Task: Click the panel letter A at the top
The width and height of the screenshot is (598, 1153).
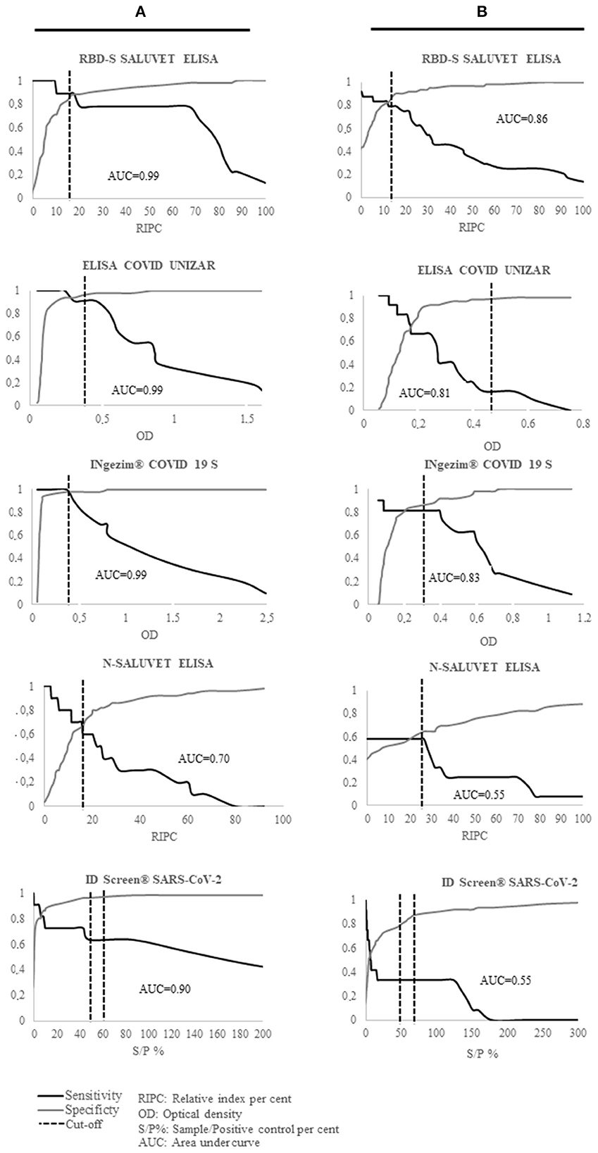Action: pyautogui.click(x=142, y=12)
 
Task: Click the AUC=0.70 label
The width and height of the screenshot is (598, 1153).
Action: pyautogui.click(x=204, y=759)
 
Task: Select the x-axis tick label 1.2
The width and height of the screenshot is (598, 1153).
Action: pyautogui.click(x=584, y=618)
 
